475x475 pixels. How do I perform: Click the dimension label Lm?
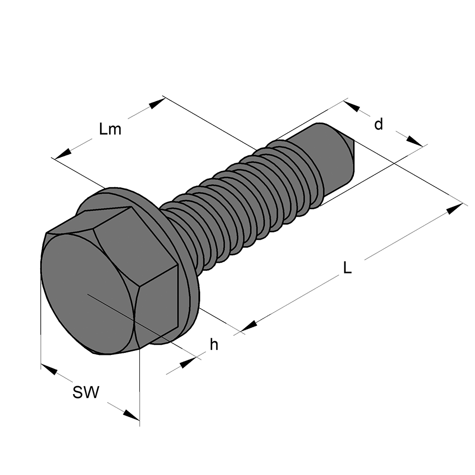point(110,129)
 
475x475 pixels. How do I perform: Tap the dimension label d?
point(378,124)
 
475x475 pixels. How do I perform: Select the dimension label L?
point(347,267)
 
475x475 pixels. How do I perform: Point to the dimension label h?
point(214,344)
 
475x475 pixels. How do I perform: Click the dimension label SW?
point(86,392)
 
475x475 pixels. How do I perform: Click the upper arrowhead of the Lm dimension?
point(156,104)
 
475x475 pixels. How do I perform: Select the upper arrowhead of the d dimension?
point(352,106)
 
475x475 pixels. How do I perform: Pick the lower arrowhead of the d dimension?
point(414,141)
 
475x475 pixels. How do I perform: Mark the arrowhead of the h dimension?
point(188,362)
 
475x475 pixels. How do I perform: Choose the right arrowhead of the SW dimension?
point(131,414)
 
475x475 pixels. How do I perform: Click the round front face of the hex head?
point(88,293)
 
